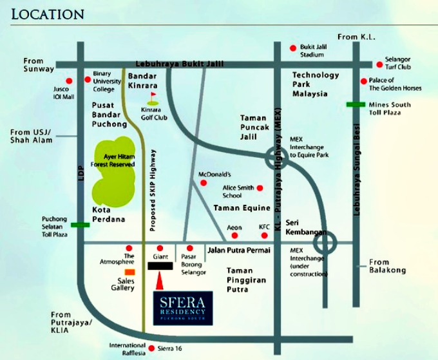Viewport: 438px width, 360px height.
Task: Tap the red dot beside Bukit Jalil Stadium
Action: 292,48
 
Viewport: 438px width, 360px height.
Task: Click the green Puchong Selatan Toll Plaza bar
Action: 80,225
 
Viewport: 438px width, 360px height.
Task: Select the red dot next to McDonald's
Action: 204,183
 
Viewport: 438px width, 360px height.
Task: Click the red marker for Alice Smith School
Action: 260,188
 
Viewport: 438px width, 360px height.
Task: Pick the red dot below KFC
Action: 263,236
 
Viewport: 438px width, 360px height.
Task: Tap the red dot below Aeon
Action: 235,236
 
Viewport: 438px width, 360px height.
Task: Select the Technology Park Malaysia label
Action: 315,84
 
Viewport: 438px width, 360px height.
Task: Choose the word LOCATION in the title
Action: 48,14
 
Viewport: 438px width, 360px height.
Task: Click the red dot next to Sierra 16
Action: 151,348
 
